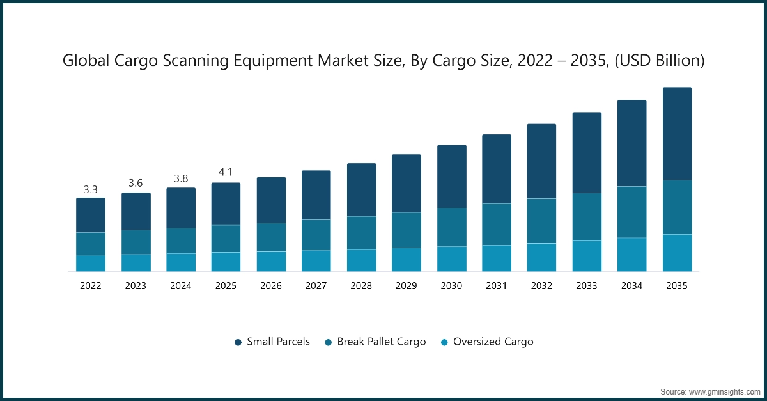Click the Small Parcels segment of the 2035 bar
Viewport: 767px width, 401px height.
point(677,134)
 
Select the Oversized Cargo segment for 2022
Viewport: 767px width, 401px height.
point(91,263)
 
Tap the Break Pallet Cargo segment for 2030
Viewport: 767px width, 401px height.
point(451,227)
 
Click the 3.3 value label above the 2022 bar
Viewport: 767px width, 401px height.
point(91,190)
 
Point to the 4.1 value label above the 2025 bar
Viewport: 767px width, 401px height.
point(226,173)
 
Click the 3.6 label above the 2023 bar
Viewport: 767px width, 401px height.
point(136,184)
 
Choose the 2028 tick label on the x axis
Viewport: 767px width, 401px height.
point(361,286)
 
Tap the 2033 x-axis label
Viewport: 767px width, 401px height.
point(587,286)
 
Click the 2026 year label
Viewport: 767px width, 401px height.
point(271,286)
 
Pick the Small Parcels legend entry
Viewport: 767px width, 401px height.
point(278,342)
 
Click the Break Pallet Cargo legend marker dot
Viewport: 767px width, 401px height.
point(329,342)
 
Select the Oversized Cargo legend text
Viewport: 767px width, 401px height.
point(493,342)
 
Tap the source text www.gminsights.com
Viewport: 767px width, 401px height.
point(722,391)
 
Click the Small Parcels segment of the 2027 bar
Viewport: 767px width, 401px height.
point(316,195)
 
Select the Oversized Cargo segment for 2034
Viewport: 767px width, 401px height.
point(631,255)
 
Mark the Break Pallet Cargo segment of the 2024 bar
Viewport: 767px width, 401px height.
point(181,240)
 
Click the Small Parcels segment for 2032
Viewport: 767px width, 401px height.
point(541,161)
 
